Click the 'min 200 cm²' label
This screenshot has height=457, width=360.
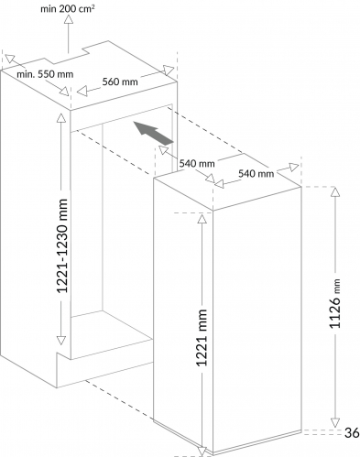[x=68, y=8]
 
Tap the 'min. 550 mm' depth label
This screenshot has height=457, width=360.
[x=45, y=74]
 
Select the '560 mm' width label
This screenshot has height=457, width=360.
[x=120, y=82]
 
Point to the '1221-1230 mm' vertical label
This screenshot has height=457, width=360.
[x=62, y=245]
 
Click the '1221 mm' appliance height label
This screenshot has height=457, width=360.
[x=202, y=337]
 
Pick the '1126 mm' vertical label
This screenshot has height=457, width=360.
[x=334, y=303]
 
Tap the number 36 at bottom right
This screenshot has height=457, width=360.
[x=352, y=432]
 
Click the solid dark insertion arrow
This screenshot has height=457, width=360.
[x=153, y=133]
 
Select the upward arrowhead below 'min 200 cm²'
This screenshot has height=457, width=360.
[x=69, y=19]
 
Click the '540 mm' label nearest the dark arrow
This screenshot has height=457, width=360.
[x=197, y=163]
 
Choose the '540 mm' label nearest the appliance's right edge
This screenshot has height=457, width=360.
[x=256, y=173]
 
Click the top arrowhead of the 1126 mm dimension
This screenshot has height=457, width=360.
[x=335, y=191]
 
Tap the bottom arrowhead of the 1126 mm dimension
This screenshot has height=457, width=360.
[x=335, y=422]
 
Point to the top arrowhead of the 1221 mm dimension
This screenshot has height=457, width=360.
[x=202, y=219]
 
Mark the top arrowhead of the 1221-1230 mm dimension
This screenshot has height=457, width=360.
[x=61, y=118]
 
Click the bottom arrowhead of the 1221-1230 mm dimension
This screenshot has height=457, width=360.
[x=61, y=341]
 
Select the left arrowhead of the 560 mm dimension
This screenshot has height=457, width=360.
[x=82, y=91]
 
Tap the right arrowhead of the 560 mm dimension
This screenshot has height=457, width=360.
[x=169, y=70]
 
